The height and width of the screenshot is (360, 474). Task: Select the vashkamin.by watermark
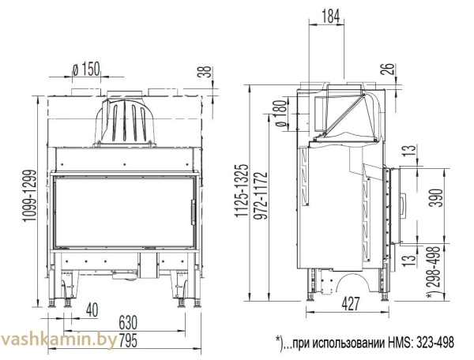coord(59,339)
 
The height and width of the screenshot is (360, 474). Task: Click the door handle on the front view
coord(192,212)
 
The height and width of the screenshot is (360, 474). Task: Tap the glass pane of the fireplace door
coord(122,212)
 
